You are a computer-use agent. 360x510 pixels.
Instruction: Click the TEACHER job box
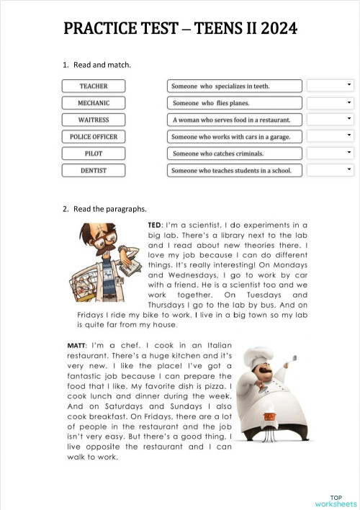click(x=94, y=86)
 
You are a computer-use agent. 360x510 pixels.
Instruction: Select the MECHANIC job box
click(x=94, y=103)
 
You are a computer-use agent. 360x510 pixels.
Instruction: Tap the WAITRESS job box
click(x=94, y=120)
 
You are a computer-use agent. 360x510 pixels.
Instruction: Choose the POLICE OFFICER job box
click(x=94, y=136)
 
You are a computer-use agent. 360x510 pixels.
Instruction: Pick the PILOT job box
click(x=94, y=153)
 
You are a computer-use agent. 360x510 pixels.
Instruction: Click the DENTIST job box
click(x=94, y=171)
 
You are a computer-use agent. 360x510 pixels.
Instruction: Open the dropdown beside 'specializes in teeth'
click(x=330, y=86)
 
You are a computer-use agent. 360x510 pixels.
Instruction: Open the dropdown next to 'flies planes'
click(x=330, y=103)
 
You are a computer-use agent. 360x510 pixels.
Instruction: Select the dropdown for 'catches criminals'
click(x=330, y=153)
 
